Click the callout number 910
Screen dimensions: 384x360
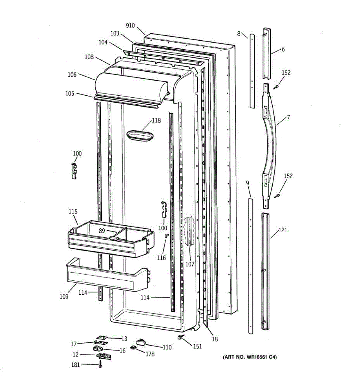click(x=131, y=26)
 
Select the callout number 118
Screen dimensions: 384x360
click(x=156, y=121)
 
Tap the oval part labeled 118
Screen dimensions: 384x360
click(x=140, y=135)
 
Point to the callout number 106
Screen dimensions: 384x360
click(x=72, y=75)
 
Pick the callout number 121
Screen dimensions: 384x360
click(x=283, y=230)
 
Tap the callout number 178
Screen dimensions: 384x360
click(x=150, y=354)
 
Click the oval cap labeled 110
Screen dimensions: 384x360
click(x=141, y=342)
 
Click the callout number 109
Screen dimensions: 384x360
click(x=64, y=296)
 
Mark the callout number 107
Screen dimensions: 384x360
click(x=190, y=264)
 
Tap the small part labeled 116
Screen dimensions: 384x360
click(x=166, y=236)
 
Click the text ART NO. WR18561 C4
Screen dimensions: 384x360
click(x=250, y=357)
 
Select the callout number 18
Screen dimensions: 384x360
click(x=215, y=339)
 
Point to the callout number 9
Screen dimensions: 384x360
click(x=247, y=183)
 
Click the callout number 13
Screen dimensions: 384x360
click(x=124, y=338)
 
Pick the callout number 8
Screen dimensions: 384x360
click(x=238, y=33)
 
